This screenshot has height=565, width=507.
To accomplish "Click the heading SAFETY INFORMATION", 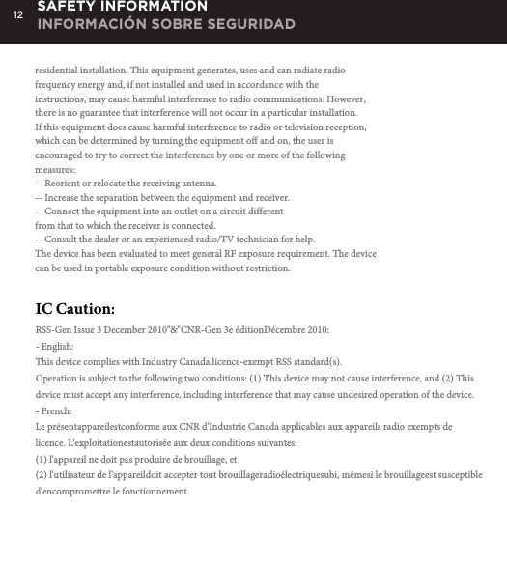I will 122,7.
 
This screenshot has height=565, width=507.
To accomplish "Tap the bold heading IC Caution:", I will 74,309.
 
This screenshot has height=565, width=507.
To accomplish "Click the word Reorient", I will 65,184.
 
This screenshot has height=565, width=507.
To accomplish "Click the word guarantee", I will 99,114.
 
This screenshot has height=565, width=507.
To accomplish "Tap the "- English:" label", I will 54,346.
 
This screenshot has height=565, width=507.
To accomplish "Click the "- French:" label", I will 54,411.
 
